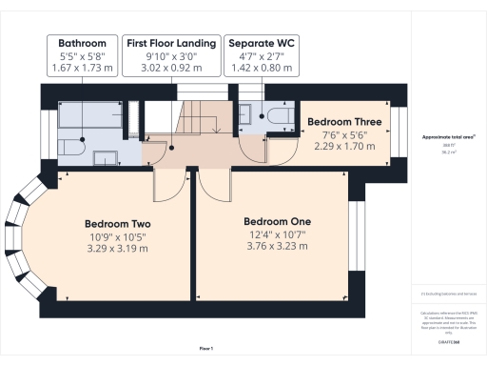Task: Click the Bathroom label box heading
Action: point(82,43)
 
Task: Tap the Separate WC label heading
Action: point(259,43)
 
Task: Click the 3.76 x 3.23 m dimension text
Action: point(277,245)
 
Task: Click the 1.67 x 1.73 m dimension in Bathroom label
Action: point(82,69)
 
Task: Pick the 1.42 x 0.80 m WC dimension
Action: point(259,69)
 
